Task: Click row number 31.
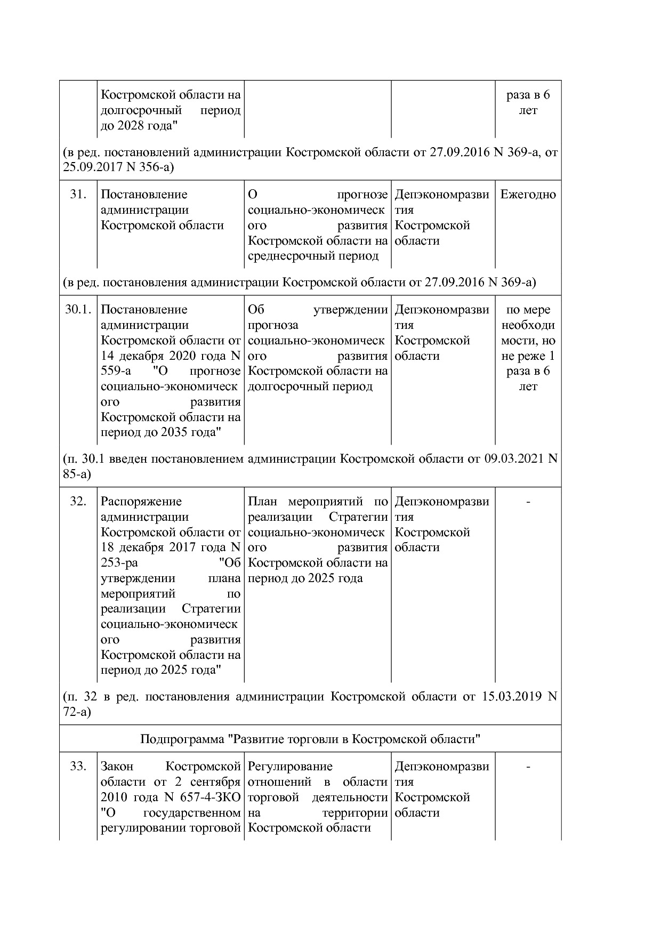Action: pos(78,195)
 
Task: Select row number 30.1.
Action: pos(78,310)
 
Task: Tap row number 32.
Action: pos(78,502)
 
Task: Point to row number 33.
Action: pos(78,767)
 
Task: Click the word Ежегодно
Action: pos(528,195)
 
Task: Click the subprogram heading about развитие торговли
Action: pos(310,739)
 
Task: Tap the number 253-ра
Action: pos(119,563)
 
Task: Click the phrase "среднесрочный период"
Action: pos(313,256)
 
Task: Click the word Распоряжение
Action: pos(141,502)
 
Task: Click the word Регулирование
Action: pos(290,767)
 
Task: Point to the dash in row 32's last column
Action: pos(528,502)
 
